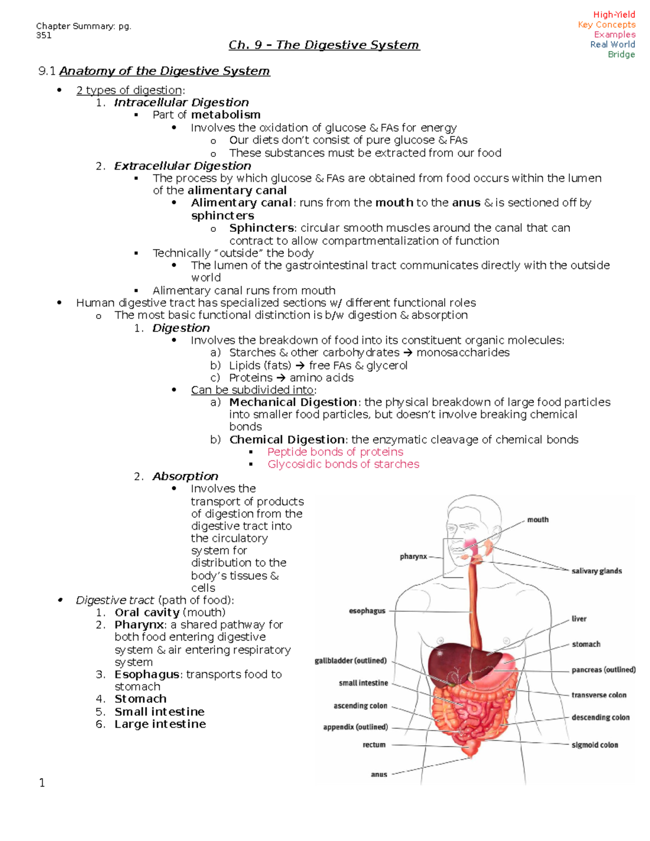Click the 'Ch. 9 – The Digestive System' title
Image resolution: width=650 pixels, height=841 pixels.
pyautogui.click(x=324, y=45)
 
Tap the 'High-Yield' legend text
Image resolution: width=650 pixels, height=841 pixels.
pyautogui.click(x=614, y=15)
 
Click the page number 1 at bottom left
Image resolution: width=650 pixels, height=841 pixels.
pyautogui.click(x=42, y=783)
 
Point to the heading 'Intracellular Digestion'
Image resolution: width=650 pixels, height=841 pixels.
pyautogui.click(x=181, y=102)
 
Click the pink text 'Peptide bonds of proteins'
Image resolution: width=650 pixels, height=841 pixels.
pyautogui.click(x=335, y=452)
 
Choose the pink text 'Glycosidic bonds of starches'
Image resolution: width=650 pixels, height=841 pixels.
pyautogui.click(x=343, y=464)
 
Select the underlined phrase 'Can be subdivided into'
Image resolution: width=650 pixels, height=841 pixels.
pyautogui.click(x=252, y=390)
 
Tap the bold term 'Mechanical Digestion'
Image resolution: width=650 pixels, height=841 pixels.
pyautogui.click(x=292, y=402)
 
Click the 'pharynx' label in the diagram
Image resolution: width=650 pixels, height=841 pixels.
pyautogui.click(x=413, y=556)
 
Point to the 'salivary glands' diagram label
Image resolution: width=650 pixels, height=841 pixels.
pyautogui.click(x=596, y=571)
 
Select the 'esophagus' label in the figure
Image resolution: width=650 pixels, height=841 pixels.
pyautogui.click(x=367, y=611)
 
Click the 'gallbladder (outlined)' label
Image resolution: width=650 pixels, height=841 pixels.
pyautogui.click(x=350, y=661)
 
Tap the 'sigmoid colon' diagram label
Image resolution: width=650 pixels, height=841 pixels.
pyautogui.click(x=595, y=745)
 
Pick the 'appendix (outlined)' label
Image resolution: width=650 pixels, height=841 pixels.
pyautogui.click(x=355, y=727)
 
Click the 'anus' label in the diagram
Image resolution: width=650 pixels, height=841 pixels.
pyautogui.click(x=379, y=774)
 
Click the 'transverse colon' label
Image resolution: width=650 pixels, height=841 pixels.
pyautogui.click(x=599, y=695)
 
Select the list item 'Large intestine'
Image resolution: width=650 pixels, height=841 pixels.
pyautogui.click(x=160, y=724)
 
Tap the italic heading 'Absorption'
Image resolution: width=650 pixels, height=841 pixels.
pyautogui.click(x=185, y=476)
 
